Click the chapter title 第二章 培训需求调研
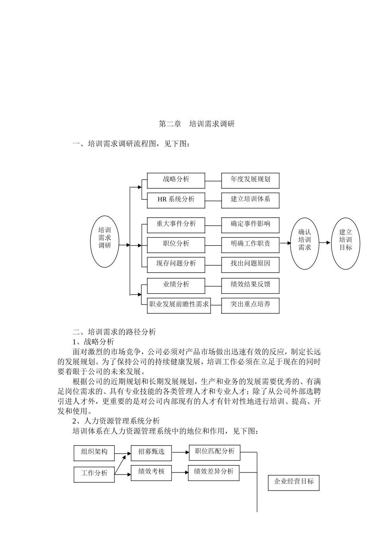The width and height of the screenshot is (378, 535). tap(197, 124)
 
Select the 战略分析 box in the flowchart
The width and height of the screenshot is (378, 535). tap(176, 180)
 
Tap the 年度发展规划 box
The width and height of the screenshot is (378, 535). tap(250, 180)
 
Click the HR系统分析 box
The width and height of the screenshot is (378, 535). tap(176, 200)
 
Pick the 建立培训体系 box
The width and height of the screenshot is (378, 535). tap(250, 200)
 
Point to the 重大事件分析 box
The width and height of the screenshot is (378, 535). tap(176, 225)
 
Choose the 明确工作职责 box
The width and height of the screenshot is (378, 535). tap(250, 244)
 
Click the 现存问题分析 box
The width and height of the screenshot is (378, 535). tap(176, 264)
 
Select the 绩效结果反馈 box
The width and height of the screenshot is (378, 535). tap(250, 285)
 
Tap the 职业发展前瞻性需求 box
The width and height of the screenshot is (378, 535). tap(179, 305)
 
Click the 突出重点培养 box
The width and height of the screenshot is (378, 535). tap(250, 305)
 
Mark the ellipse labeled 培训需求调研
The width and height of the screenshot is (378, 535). tap(105, 242)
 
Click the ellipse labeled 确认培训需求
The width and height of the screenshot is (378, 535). tap(304, 243)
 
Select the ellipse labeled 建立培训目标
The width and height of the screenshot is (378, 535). tap(345, 243)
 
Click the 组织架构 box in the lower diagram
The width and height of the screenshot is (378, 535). tap(94, 453)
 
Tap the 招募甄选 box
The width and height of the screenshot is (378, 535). tap(151, 453)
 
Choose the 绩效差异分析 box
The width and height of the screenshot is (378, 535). tap(214, 473)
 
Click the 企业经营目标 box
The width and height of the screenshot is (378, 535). tap(293, 482)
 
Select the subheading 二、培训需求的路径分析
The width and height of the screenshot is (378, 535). tap(114, 332)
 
